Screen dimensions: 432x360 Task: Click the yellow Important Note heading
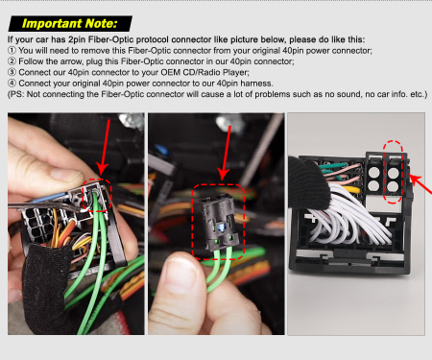click(70, 24)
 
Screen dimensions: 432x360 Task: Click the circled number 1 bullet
click(12, 51)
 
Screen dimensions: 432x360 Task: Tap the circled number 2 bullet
click(12, 61)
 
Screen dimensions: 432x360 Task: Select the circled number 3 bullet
click(12, 72)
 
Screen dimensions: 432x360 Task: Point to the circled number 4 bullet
click(12, 84)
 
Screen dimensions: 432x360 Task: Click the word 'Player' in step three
click(236, 73)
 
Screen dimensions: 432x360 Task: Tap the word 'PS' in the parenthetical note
click(16, 94)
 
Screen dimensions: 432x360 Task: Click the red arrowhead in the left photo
click(102, 168)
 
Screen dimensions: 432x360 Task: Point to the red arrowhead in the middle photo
click(223, 174)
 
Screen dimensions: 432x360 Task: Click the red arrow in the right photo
click(420, 184)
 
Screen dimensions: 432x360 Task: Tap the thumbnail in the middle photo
click(180, 274)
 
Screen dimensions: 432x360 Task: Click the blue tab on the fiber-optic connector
click(220, 228)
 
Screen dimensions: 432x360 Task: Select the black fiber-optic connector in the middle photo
click(220, 222)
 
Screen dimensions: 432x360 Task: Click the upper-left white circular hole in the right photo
click(373, 173)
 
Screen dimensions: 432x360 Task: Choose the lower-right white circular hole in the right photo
click(393, 186)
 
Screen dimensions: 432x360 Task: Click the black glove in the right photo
click(307, 181)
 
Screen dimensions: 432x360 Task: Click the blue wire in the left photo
click(50, 197)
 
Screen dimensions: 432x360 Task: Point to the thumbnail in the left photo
click(66, 176)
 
